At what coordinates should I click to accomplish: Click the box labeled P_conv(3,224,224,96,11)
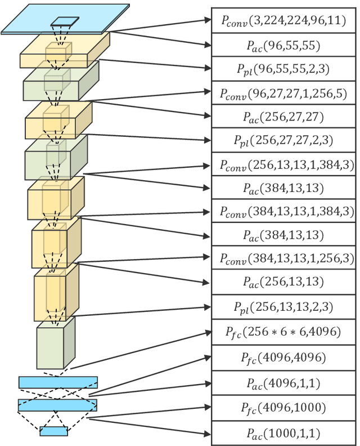284,21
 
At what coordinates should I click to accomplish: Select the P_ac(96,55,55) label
284,46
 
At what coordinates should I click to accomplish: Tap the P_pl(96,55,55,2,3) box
284,70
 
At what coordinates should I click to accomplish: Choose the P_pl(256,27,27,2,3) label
284,141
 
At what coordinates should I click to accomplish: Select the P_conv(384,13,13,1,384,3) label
284,211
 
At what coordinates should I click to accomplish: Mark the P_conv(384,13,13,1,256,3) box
284,258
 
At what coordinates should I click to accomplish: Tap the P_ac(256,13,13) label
284,282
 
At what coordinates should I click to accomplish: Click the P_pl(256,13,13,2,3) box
284,307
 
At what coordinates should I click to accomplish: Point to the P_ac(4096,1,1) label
284,383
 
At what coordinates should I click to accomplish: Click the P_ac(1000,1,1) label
284,434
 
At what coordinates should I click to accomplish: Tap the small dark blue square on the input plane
65,22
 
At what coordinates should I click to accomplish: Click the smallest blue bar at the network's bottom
53,431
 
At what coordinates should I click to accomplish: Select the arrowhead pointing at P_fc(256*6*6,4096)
206,333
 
